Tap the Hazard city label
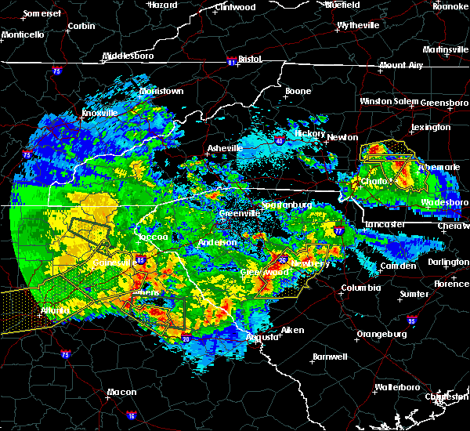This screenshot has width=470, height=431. (163, 5)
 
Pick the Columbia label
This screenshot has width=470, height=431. (360, 288)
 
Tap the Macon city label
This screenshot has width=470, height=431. (121, 392)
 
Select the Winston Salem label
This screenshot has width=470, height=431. (389, 102)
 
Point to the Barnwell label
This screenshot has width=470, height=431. (329, 357)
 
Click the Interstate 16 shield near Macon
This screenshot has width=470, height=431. (132, 416)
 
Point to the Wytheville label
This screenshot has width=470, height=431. (358, 26)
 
